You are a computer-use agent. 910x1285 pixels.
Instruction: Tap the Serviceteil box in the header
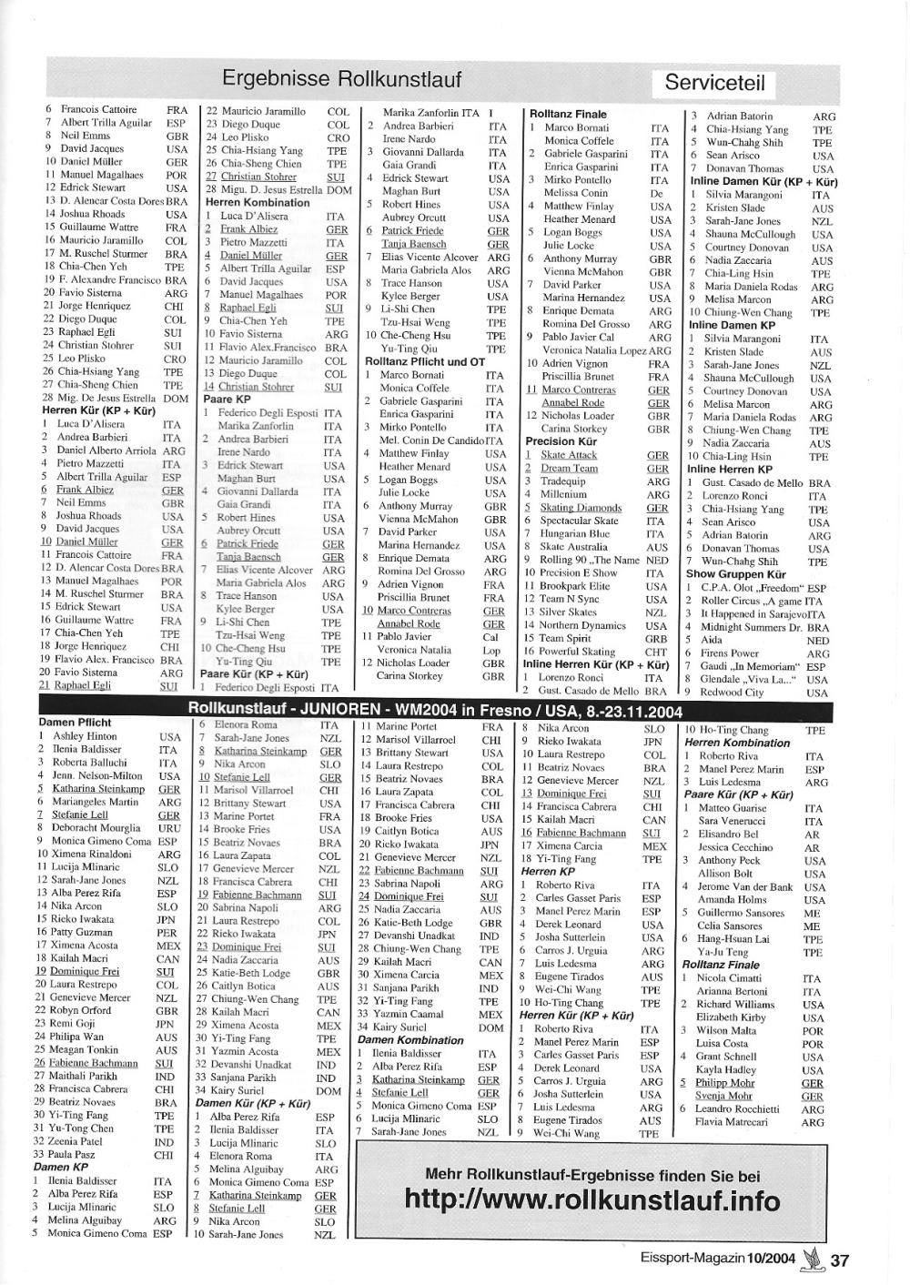click(714, 84)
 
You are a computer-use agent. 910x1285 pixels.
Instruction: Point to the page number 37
click(839, 1260)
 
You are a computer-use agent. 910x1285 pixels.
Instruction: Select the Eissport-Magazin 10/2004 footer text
click(708, 1261)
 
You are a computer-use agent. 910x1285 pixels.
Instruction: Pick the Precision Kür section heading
click(562, 441)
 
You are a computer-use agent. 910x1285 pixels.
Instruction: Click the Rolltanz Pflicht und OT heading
click(424, 361)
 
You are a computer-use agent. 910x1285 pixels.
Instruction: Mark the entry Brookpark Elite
click(574, 586)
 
